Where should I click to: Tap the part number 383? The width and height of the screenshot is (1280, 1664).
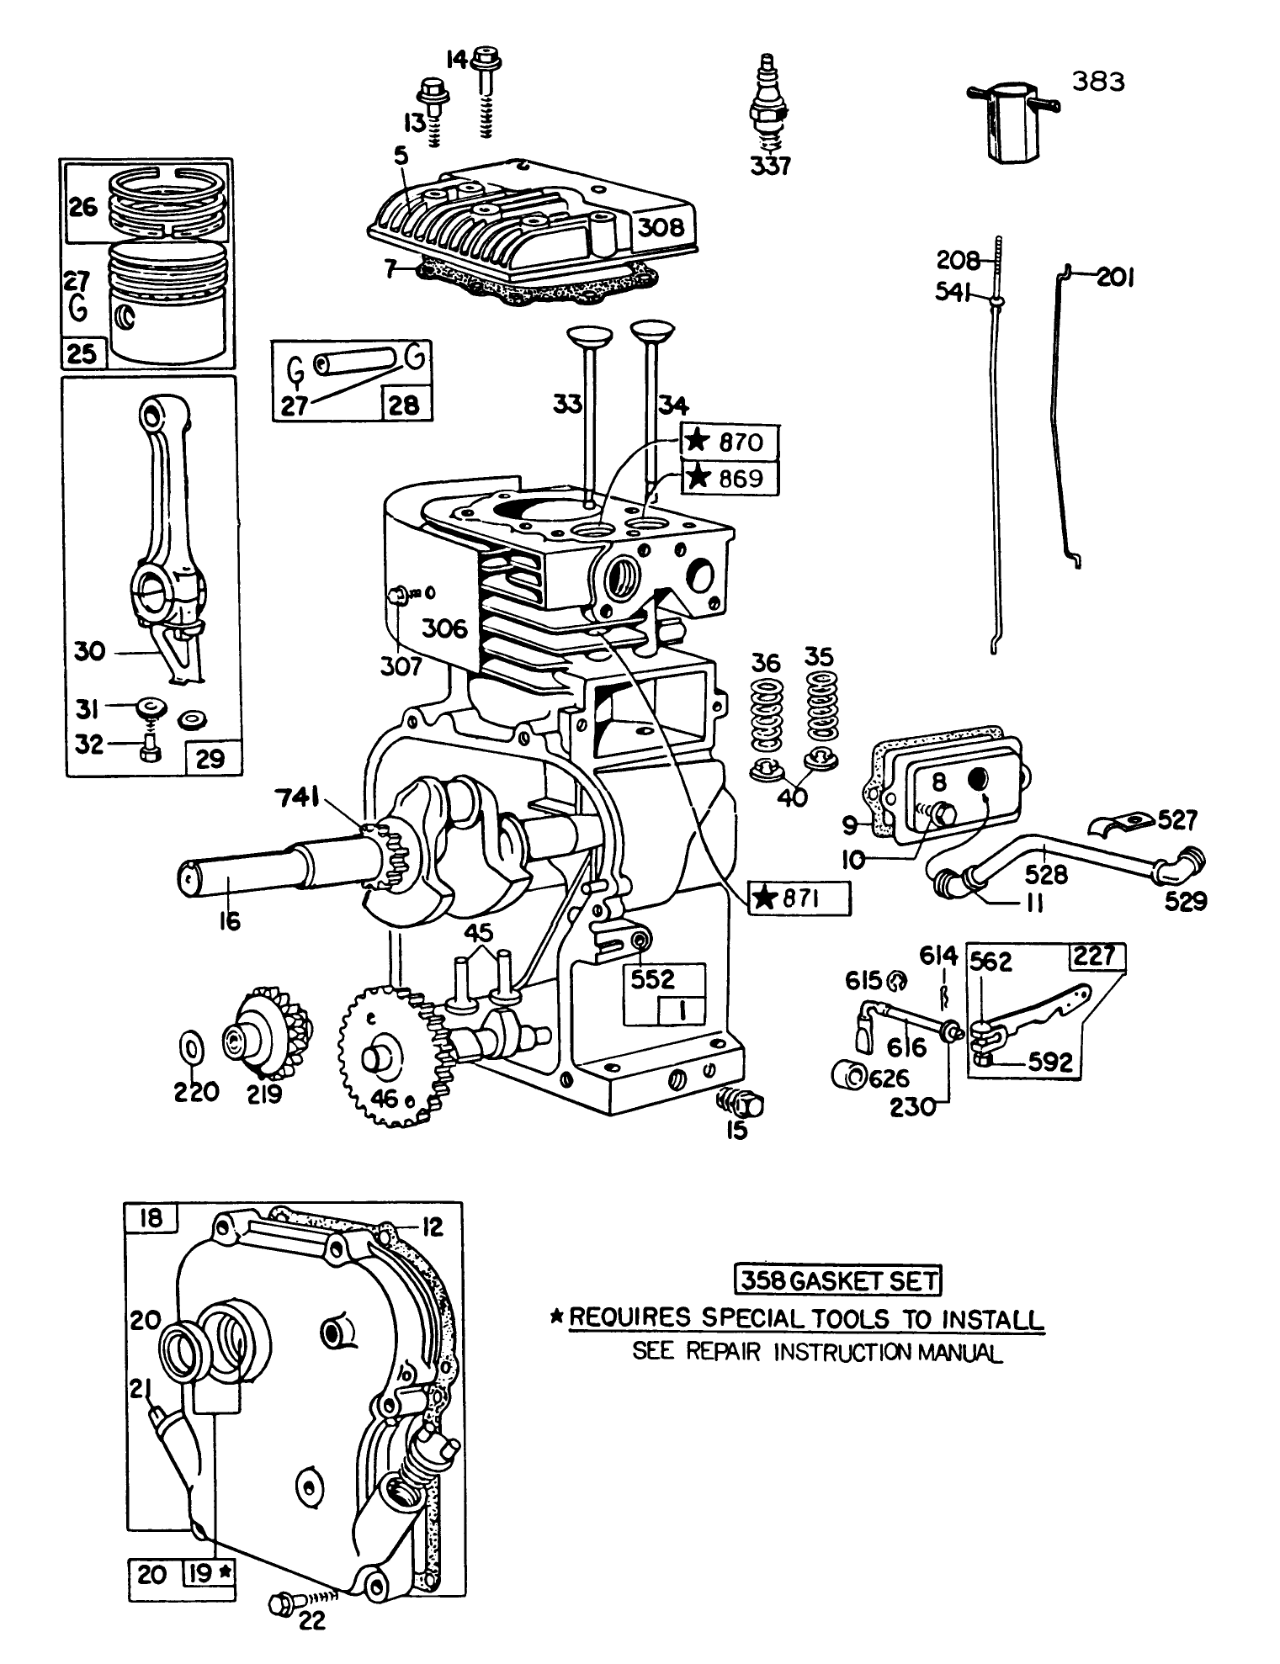click(x=1098, y=82)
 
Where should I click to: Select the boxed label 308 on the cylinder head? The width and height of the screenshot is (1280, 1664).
click(x=666, y=227)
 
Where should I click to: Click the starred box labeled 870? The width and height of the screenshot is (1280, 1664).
click(x=729, y=442)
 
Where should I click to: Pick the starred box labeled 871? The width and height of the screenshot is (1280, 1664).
click(x=799, y=899)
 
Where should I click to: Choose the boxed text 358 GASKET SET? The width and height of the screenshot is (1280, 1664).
click(x=837, y=1280)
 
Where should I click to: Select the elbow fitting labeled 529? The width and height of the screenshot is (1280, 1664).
click(x=1183, y=866)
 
